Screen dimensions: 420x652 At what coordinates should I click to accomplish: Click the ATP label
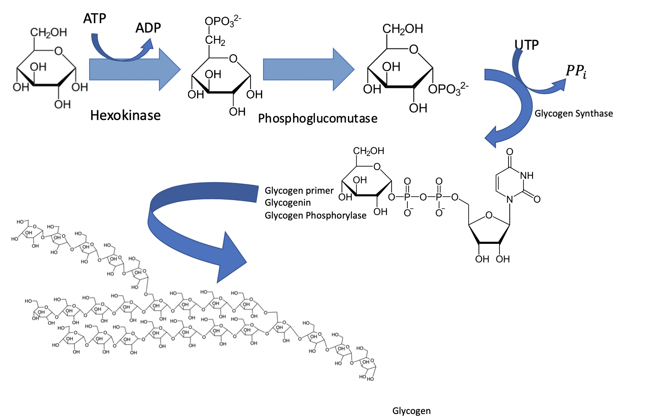[95, 19]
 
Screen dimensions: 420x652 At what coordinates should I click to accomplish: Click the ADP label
[148, 28]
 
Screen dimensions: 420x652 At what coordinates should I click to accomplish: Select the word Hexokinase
[126, 115]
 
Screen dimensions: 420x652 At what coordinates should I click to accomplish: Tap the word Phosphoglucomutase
[317, 118]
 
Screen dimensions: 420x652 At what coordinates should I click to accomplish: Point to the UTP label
[526, 45]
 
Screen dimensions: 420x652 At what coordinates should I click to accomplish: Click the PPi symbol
[576, 71]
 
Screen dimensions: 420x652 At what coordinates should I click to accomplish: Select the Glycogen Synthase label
[574, 114]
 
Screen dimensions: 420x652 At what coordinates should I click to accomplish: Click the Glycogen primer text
[299, 191]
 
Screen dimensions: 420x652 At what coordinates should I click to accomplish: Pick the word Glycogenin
[287, 203]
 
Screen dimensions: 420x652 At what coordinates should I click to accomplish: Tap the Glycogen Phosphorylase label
[315, 216]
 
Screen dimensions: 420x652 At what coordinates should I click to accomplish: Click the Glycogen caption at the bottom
[411, 411]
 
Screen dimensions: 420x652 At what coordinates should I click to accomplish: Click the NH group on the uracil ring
[526, 175]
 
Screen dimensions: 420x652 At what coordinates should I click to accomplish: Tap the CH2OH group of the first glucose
[48, 33]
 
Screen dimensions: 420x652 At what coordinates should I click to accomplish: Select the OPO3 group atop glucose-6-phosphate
[222, 21]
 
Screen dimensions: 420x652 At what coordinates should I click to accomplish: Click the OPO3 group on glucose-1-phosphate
[448, 89]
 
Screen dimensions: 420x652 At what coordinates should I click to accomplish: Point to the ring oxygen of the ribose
[489, 215]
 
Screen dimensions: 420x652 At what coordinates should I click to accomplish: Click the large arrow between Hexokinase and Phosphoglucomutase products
[308, 69]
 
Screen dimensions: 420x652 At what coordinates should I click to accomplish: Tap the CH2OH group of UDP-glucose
[368, 151]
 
